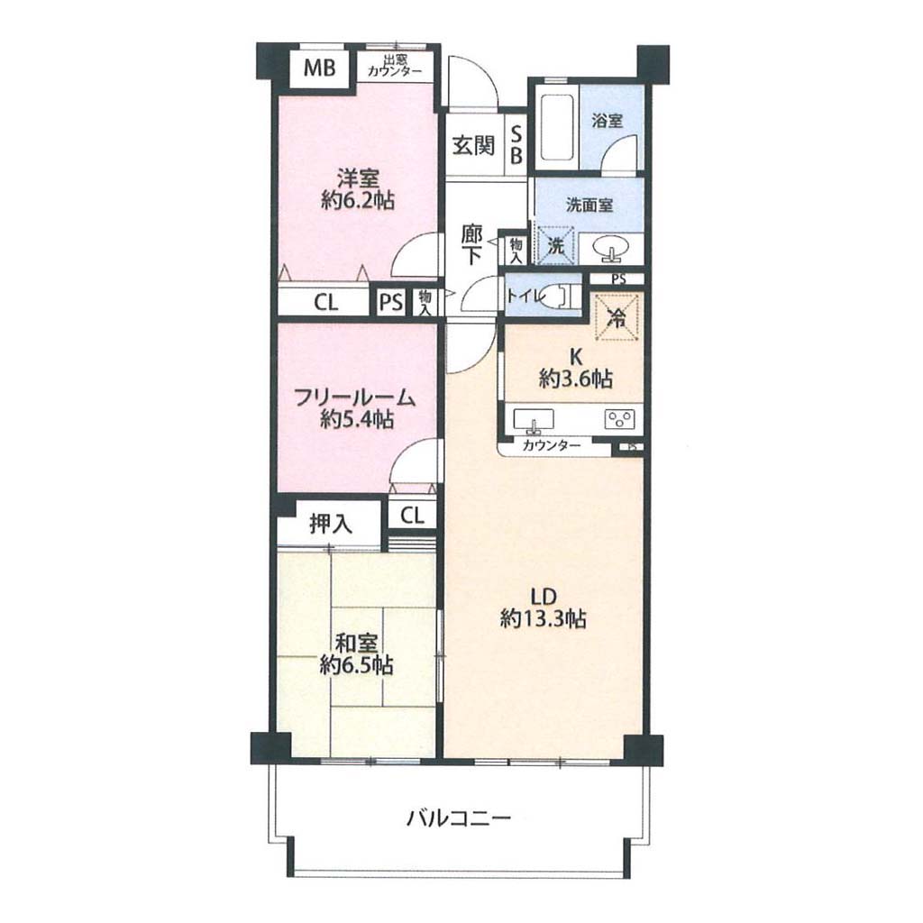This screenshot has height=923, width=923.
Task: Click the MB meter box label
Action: [x=320, y=68]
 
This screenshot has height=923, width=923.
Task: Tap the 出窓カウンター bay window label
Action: [x=395, y=66]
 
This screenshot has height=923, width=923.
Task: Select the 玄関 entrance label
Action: [x=473, y=145]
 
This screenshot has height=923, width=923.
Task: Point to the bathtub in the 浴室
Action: [x=557, y=127]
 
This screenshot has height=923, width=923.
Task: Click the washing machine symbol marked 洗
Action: [x=554, y=246]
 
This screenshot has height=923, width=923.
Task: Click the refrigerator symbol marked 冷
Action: [x=617, y=318]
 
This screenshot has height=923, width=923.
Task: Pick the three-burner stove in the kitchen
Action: [x=620, y=418]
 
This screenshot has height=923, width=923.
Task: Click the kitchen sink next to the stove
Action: [x=534, y=420]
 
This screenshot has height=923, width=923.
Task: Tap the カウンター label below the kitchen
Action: [x=551, y=445]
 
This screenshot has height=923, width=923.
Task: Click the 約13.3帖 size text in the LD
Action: [x=543, y=619]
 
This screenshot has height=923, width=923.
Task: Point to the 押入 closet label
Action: [x=331, y=524]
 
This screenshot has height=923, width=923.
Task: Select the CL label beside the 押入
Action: [x=412, y=516]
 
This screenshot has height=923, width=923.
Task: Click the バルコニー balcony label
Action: [x=459, y=818]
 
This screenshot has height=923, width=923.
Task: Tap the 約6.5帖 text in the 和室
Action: [x=357, y=665]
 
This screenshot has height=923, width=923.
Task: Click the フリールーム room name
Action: [x=355, y=398]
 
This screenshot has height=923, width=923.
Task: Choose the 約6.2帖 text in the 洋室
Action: [x=358, y=201]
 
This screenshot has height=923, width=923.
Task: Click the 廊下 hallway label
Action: [x=472, y=245]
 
